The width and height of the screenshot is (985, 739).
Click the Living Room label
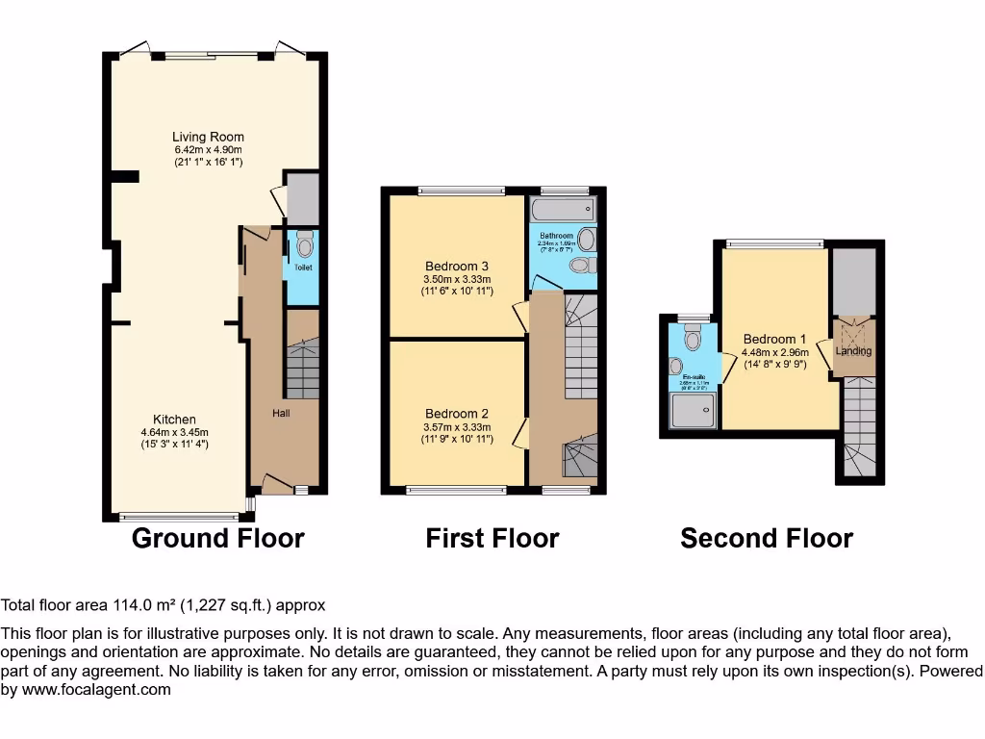[x=208, y=137]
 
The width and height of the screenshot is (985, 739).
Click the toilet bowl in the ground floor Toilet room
[x=305, y=241]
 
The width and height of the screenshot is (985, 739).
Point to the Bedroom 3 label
[x=457, y=267]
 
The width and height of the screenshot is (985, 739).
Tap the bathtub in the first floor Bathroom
[x=562, y=211]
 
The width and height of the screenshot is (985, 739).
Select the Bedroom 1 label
[x=774, y=339]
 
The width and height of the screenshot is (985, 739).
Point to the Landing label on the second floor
[x=853, y=351]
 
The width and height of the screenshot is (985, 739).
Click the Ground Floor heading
[x=217, y=538]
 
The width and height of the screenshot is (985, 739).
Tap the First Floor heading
[x=492, y=538]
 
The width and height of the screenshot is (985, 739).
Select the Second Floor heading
[x=766, y=538]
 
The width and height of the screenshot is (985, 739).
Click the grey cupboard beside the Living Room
[x=303, y=198]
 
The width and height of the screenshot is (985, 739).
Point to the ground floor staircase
[x=303, y=368]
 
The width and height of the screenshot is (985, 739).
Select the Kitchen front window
[x=175, y=517]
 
